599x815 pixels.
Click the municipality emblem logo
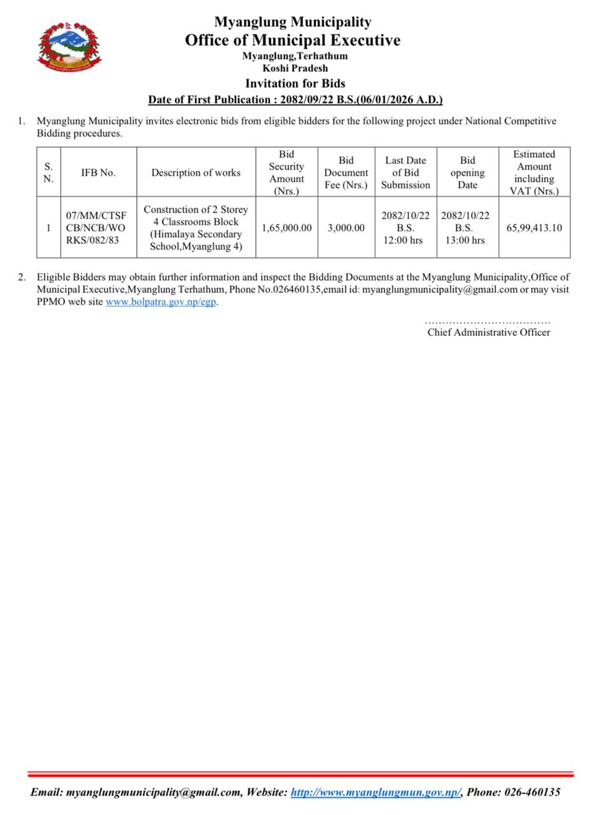(x=69, y=45)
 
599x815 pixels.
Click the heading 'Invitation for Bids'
(x=295, y=83)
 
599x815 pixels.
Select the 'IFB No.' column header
(x=98, y=173)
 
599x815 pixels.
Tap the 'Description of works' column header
(x=195, y=173)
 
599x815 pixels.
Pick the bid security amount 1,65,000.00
(x=286, y=228)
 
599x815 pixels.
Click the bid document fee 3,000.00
(x=346, y=228)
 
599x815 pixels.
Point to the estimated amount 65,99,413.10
(x=534, y=228)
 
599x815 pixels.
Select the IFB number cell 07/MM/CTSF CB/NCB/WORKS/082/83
(x=96, y=228)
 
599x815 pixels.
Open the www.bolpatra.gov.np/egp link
(x=160, y=302)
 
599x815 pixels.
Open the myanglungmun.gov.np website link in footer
(x=376, y=793)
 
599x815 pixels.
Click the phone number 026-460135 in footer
(x=532, y=793)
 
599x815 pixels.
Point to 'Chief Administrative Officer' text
(x=488, y=332)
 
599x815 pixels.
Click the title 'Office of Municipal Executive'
(x=292, y=40)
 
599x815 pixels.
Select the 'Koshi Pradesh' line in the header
(x=295, y=68)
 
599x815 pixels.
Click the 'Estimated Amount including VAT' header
(x=534, y=173)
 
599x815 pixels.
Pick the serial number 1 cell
(x=48, y=228)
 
